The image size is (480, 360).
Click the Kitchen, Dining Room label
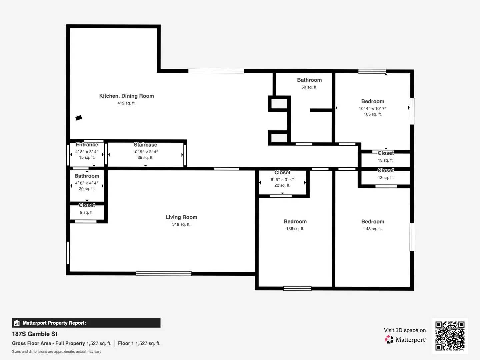point(126,96)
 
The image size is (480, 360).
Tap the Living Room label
point(181,217)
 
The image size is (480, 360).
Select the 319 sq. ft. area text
point(181,224)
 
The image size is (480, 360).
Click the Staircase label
point(145,145)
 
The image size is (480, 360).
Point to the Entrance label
point(87,145)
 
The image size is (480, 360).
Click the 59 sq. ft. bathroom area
point(309,87)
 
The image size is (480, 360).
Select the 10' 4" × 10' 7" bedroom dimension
point(373,108)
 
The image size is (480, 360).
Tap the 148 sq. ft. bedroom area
point(373,229)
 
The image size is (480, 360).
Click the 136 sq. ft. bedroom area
point(295,229)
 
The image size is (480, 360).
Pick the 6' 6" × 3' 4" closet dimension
point(282,179)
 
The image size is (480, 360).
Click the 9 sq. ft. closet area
point(87,212)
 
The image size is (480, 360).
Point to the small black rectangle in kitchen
point(79,118)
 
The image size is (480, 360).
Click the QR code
point(450,336)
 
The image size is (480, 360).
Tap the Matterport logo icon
point(389,340)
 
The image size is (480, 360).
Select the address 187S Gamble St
point(35,334)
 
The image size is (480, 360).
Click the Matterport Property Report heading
point(54,323)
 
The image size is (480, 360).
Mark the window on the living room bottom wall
point(164,274)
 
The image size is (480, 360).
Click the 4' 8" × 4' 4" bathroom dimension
point(87,183)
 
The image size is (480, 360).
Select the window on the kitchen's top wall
point(216,71)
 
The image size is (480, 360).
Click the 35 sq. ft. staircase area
point(145,158)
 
